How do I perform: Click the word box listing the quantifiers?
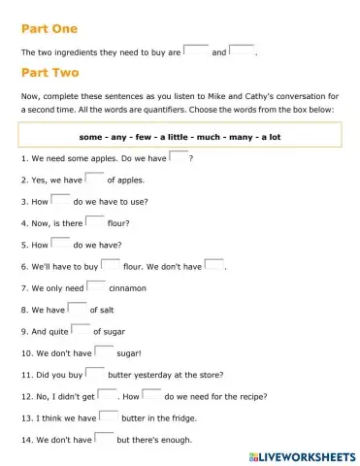point(180,137)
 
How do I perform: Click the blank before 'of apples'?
point(94,179)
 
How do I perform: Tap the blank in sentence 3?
point(60,200)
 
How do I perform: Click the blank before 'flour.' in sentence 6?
point(111,265)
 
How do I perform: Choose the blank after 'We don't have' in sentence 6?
point(214,265)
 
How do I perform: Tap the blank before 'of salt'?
point(78,309)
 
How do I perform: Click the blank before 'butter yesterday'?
point(94,374)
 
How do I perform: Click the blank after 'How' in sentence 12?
point(151,395)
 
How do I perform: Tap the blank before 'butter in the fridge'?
point(108,417)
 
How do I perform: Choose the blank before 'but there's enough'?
point(104,439)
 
